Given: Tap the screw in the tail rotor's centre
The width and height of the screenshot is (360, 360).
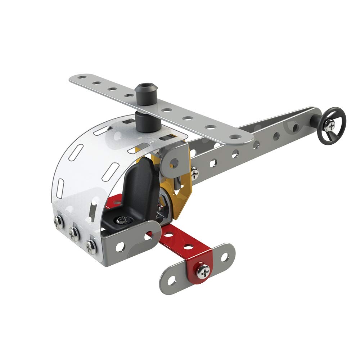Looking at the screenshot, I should (330, 125).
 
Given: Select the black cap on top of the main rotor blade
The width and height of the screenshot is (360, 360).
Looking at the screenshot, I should (145, 93).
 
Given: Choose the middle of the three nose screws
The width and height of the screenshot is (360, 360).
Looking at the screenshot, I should (75, 234).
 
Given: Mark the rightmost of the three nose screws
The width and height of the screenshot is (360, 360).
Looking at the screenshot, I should (91, 246).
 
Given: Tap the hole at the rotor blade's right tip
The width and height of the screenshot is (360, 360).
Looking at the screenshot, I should (235, 136).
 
